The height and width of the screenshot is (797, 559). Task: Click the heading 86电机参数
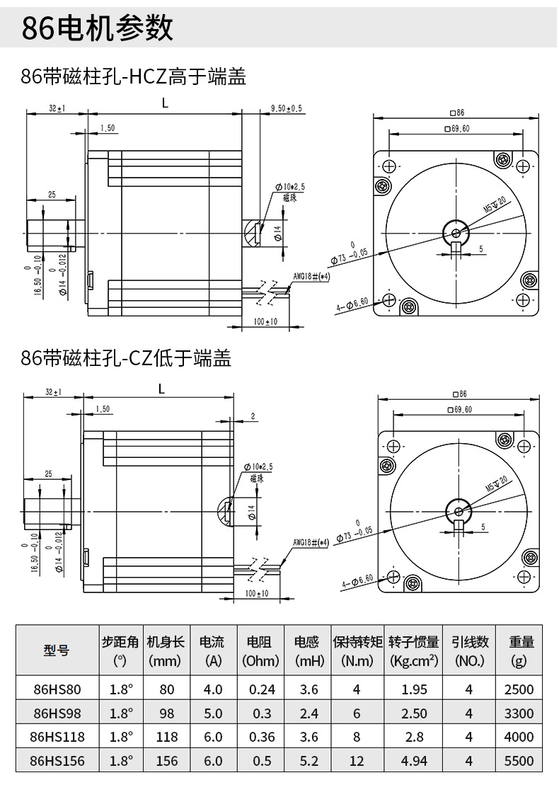(98, 29)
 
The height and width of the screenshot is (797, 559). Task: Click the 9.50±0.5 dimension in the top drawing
(286, 108)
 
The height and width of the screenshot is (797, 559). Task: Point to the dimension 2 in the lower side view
(253, 417)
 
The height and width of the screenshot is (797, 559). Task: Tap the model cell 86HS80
(57, 689)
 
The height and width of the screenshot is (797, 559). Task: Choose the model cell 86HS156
(57, 760)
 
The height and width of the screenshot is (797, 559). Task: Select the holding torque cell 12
(357, 760)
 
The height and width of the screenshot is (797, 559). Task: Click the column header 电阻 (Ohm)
(260, 651)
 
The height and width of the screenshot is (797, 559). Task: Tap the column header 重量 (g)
(521, 651)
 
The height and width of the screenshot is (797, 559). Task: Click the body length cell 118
(167, 737)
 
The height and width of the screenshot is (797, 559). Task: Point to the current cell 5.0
(213, 713)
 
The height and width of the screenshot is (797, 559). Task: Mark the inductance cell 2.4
(309, 713)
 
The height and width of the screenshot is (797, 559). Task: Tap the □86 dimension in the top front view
(456, 113)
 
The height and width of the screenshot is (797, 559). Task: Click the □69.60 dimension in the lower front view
(458, 409)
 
